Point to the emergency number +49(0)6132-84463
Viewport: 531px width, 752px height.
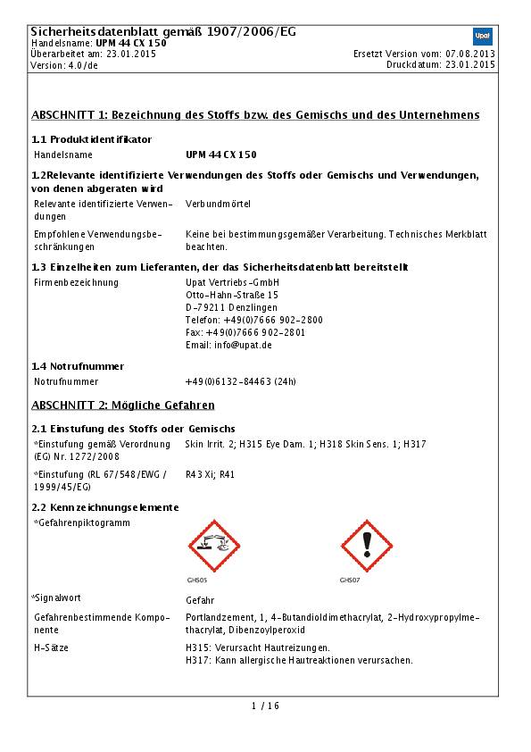tap(240, 381)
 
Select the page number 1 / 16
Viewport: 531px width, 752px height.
tap(265, 706)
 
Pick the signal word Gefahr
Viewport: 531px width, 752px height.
tap(200, 600)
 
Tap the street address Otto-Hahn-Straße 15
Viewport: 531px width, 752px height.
tap(231, 295)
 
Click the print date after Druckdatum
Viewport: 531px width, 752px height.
tap(471, 65)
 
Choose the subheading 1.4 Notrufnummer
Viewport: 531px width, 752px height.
tap(78, 366)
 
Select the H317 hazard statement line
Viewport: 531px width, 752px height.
tap(299, 661)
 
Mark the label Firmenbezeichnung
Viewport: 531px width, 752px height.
tap(76, 282)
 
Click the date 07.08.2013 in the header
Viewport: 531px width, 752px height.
tap(471, 54)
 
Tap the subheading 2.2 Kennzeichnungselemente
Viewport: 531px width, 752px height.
tap(105, 507)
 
